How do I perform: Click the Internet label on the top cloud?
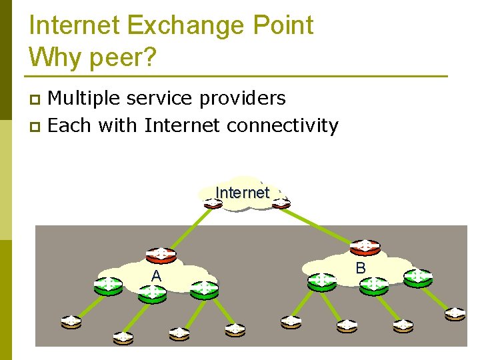pyautogui.click(x=242, y=193)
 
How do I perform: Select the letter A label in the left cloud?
pyautogui.click(x=156, y=276)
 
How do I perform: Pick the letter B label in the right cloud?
pyautogui.click(x=360, y=268)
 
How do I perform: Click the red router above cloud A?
pyautogui.click(x=161, y=255)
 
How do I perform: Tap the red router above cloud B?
pyautogui.click(x=365, y=247)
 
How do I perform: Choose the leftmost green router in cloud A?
pyautogui.click(x=107, y=285)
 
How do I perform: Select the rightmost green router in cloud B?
pyautogui.click(x=417, y=277)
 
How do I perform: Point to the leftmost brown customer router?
pyautogui.click(x=71, y=322)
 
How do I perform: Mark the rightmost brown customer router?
pyautogui.click(x=455, y=313)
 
